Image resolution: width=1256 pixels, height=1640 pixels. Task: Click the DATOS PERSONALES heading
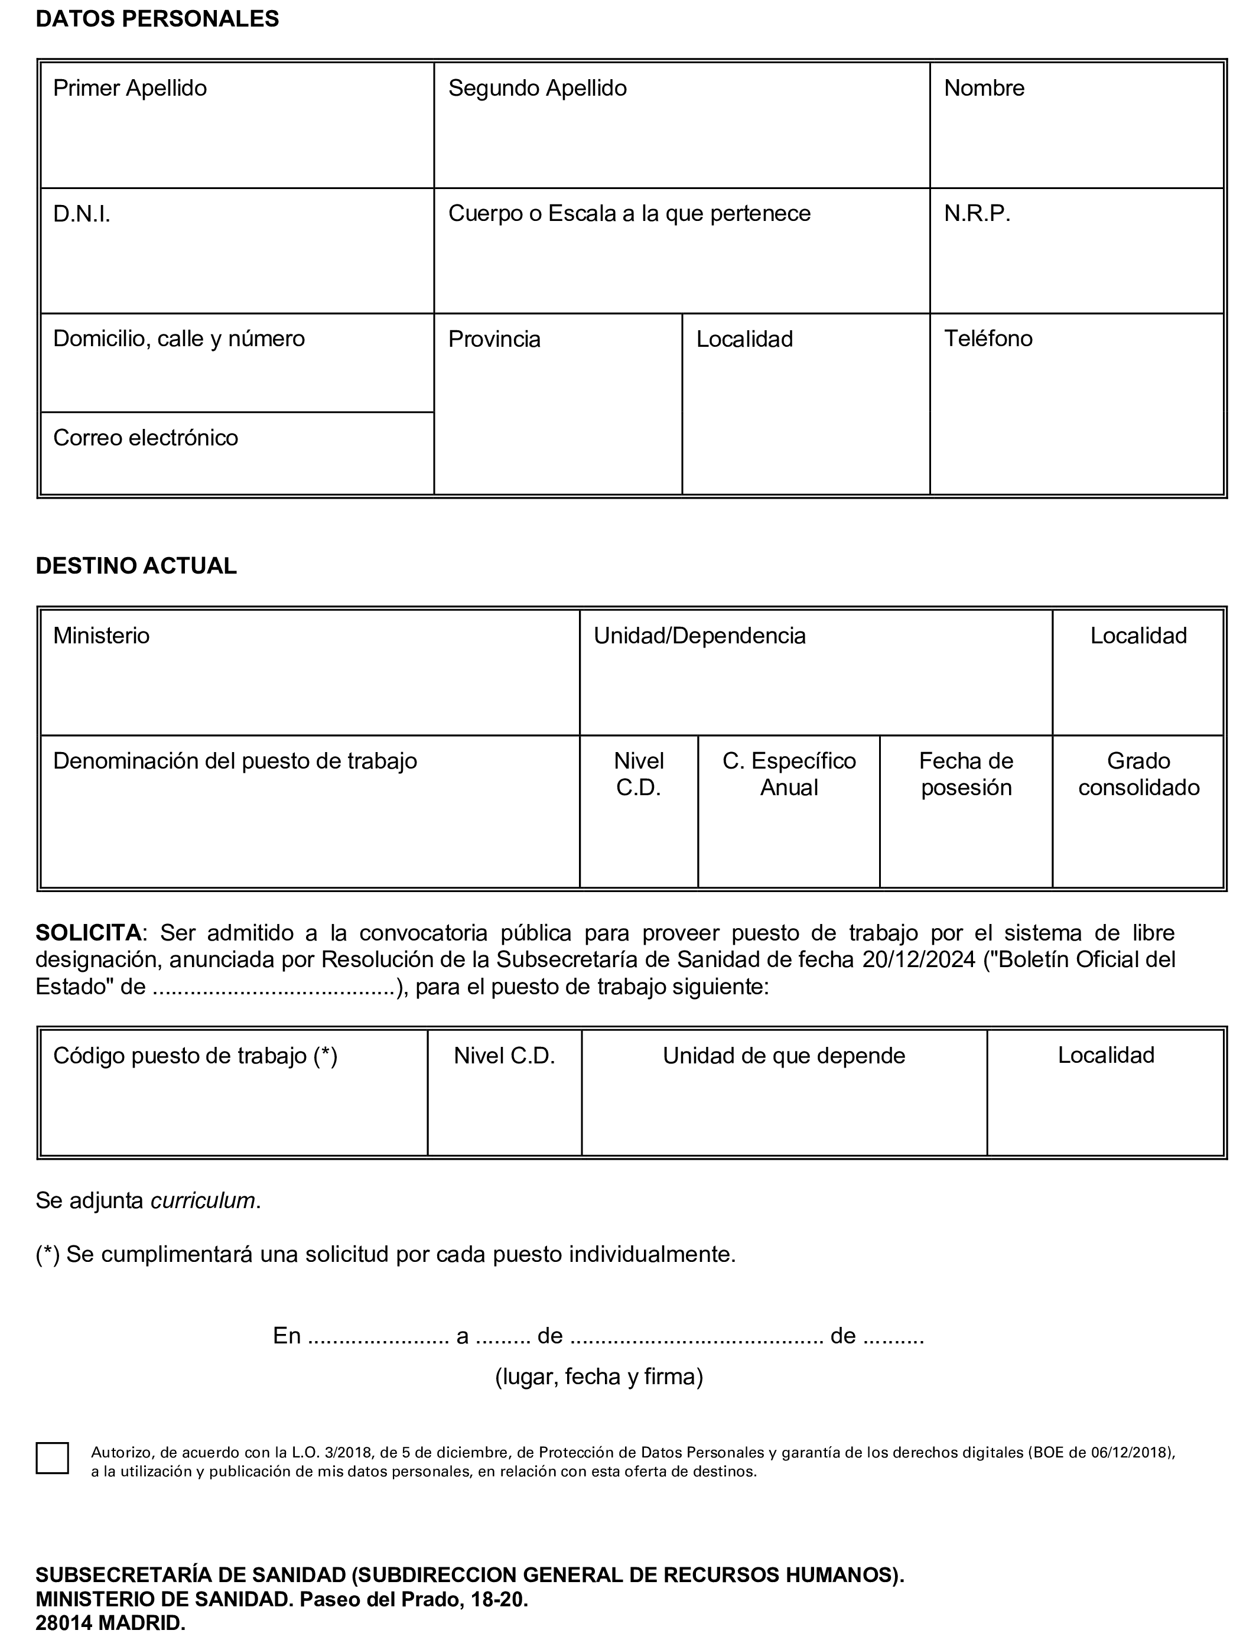pos(157,19)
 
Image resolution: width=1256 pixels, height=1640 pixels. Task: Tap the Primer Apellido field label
pos(130,88)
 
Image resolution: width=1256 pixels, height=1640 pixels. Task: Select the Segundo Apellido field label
pos(538,88)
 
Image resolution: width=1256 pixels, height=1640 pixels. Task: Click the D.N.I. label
pos(82,214)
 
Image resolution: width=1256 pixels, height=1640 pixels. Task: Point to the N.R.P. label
pos(977,214)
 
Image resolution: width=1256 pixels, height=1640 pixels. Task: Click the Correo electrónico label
pos(146,437)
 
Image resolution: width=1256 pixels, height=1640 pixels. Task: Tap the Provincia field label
pos(494,339)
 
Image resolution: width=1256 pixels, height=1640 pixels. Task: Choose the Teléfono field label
pos(988,339)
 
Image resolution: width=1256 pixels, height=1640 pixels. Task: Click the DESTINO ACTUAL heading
pos(136,566)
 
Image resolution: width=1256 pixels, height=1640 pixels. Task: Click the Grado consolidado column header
pos(1138,775)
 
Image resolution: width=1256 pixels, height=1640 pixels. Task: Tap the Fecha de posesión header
pos(966,775)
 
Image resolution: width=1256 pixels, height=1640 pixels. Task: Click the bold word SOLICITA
pos(88,933)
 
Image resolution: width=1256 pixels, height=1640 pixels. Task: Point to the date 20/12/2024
pos(919,960)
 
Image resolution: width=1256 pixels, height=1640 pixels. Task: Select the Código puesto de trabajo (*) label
pos(195,1056)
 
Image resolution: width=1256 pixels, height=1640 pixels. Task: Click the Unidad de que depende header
pos(783,1056)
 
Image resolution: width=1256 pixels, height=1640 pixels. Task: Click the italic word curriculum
pos(203,1200)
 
